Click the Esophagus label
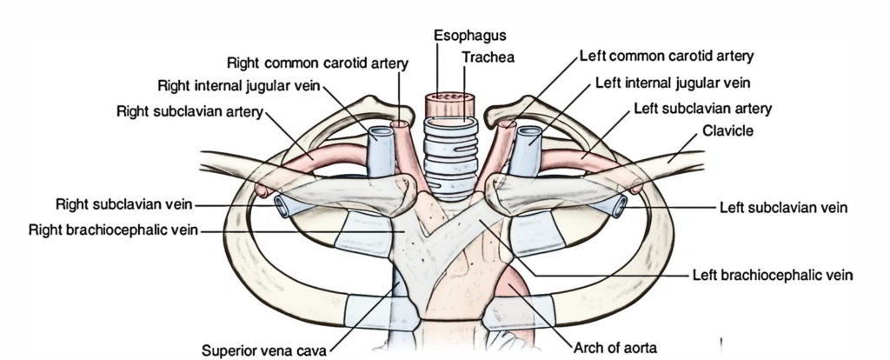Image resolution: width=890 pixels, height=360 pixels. [x=470, y=35]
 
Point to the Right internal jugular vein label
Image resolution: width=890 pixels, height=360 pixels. [x=240, y=86]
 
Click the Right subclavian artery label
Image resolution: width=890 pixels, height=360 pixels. [x=189, y=113]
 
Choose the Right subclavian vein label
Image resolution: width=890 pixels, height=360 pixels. [x=124, y=205]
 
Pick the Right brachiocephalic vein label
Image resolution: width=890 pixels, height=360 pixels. [x=114, y=230]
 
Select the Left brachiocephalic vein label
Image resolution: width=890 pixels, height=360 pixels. [x=773, y=275]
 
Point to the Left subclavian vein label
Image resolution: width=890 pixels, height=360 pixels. [x=783, y=208]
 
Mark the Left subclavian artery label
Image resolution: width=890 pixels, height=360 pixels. [x=703, y=109]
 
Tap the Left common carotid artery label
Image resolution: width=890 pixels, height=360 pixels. [x=667, y=57]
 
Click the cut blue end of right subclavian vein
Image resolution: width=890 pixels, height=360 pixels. [x=283, y=205]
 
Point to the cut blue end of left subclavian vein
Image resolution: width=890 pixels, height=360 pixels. [x=620, y=206]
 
